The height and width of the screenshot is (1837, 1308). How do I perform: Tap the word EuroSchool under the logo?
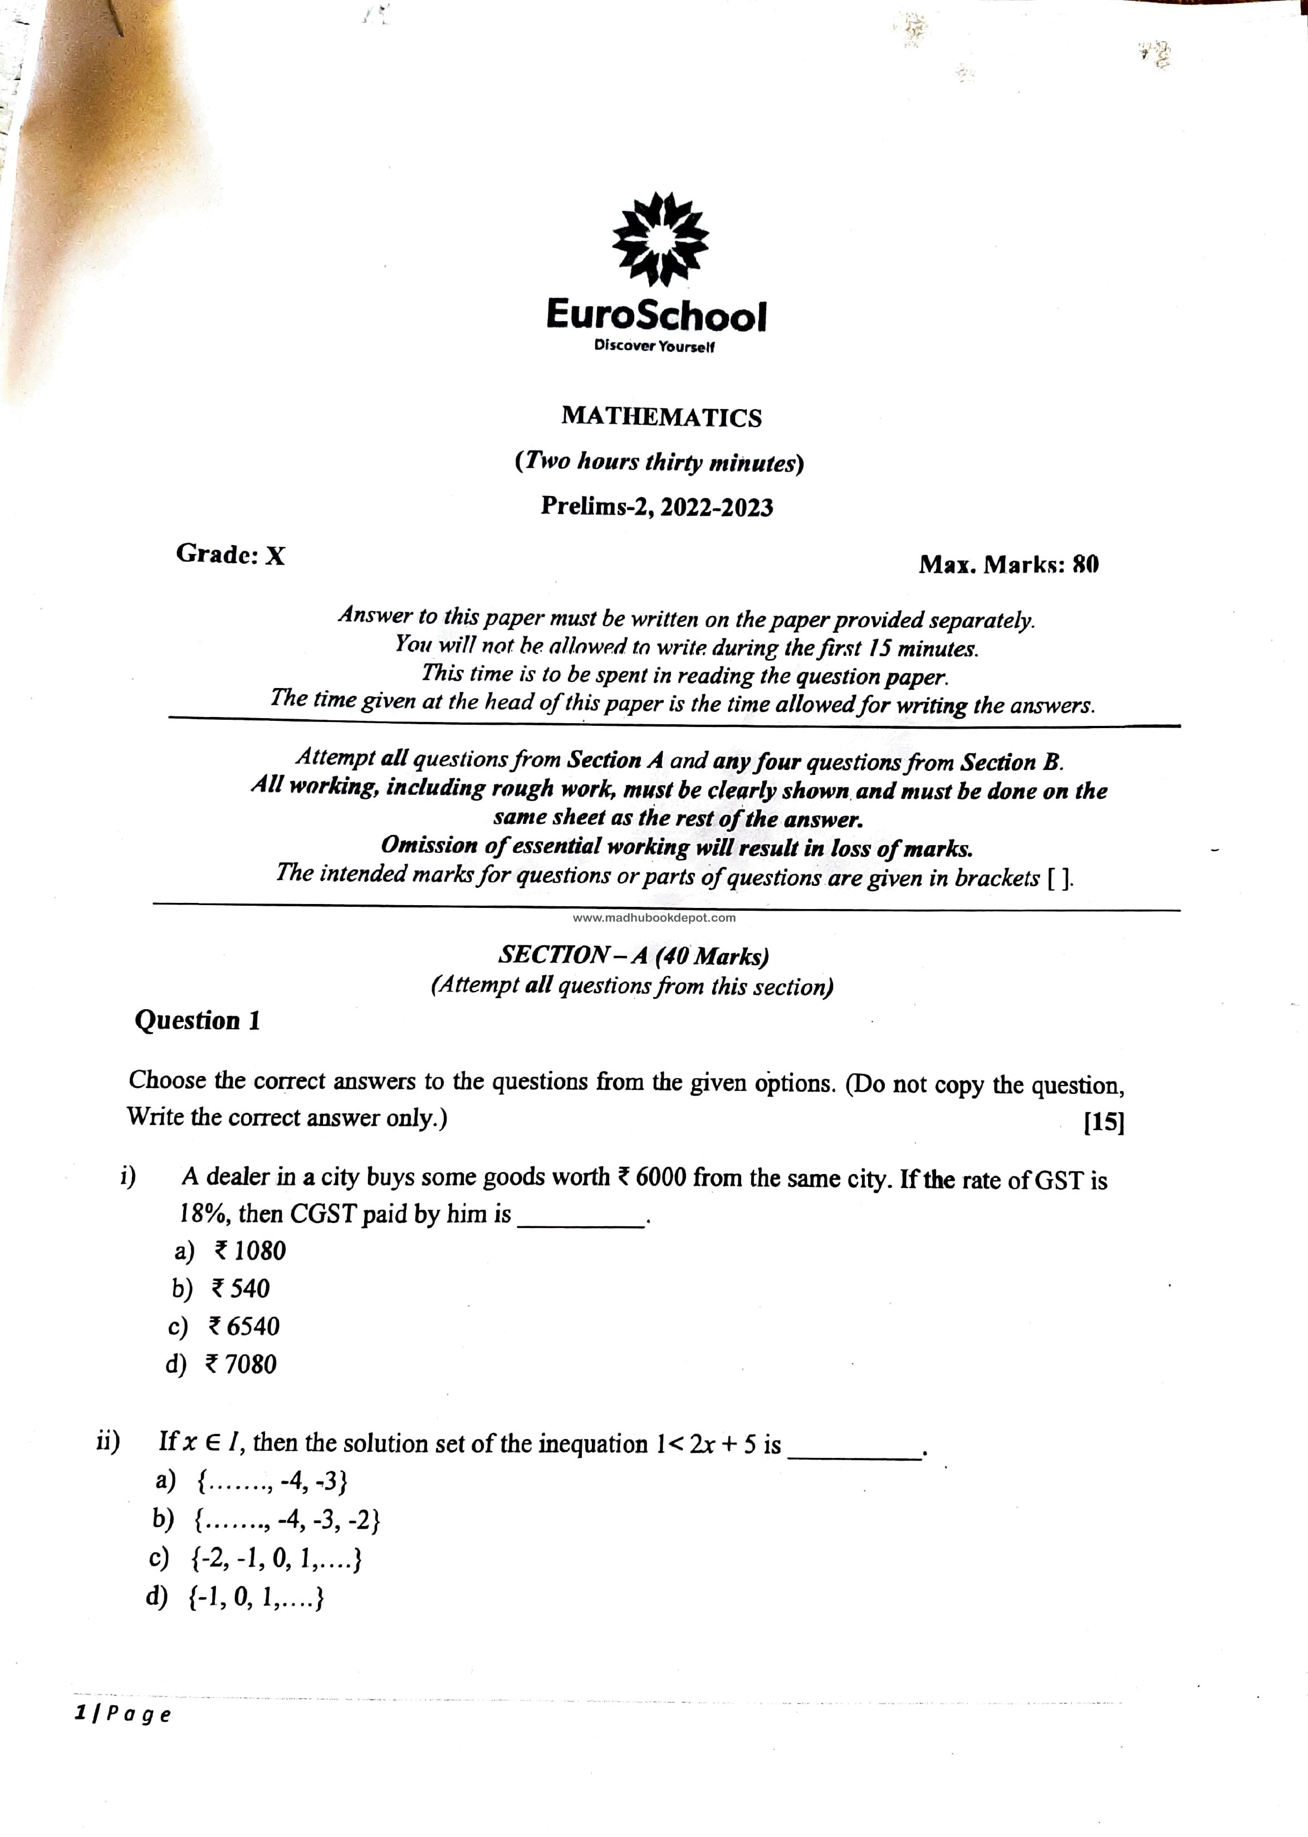[657, 316]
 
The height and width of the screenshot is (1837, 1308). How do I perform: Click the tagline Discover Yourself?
[654, 346]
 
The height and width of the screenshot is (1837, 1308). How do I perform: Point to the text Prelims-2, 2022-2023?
[657, 507]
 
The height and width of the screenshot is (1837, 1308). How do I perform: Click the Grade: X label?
[231, 554]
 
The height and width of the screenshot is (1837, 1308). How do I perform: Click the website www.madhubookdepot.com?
[654, 918]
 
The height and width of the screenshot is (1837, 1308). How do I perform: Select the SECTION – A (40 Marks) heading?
[634, 956]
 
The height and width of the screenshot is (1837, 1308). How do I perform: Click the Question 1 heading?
[197, 1021]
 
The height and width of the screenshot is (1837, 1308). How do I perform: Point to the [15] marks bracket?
[1104, 1122]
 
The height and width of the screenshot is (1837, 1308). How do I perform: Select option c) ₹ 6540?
[243, 1327]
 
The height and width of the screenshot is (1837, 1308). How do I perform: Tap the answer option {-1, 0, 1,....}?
[256, 1598]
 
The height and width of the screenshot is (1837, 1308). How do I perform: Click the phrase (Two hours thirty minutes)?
[659, 462]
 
